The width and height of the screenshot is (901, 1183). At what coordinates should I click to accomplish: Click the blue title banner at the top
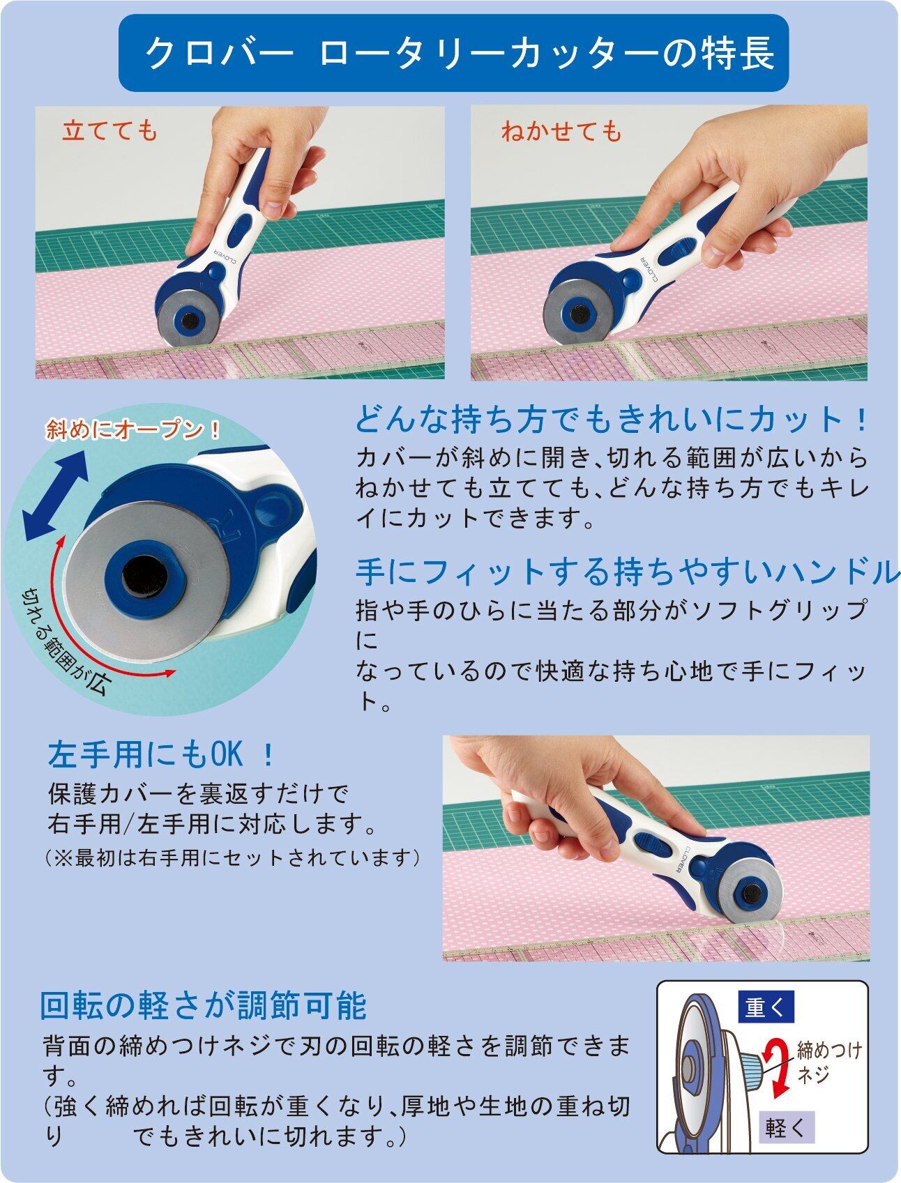(x=453, y=53)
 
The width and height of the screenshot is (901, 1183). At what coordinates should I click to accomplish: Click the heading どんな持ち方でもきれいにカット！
(x=612, y=420)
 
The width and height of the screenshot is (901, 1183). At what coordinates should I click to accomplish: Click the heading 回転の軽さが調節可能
(x=202, y=1006)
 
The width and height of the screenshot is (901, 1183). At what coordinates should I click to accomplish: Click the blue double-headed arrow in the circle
(x=55, y=494)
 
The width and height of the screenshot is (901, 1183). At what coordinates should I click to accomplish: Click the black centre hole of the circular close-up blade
(x=145, y=575)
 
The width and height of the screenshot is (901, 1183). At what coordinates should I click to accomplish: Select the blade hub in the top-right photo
(x=579, y=314)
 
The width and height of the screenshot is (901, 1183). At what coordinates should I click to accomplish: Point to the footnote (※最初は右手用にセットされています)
(x=233, y=857)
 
